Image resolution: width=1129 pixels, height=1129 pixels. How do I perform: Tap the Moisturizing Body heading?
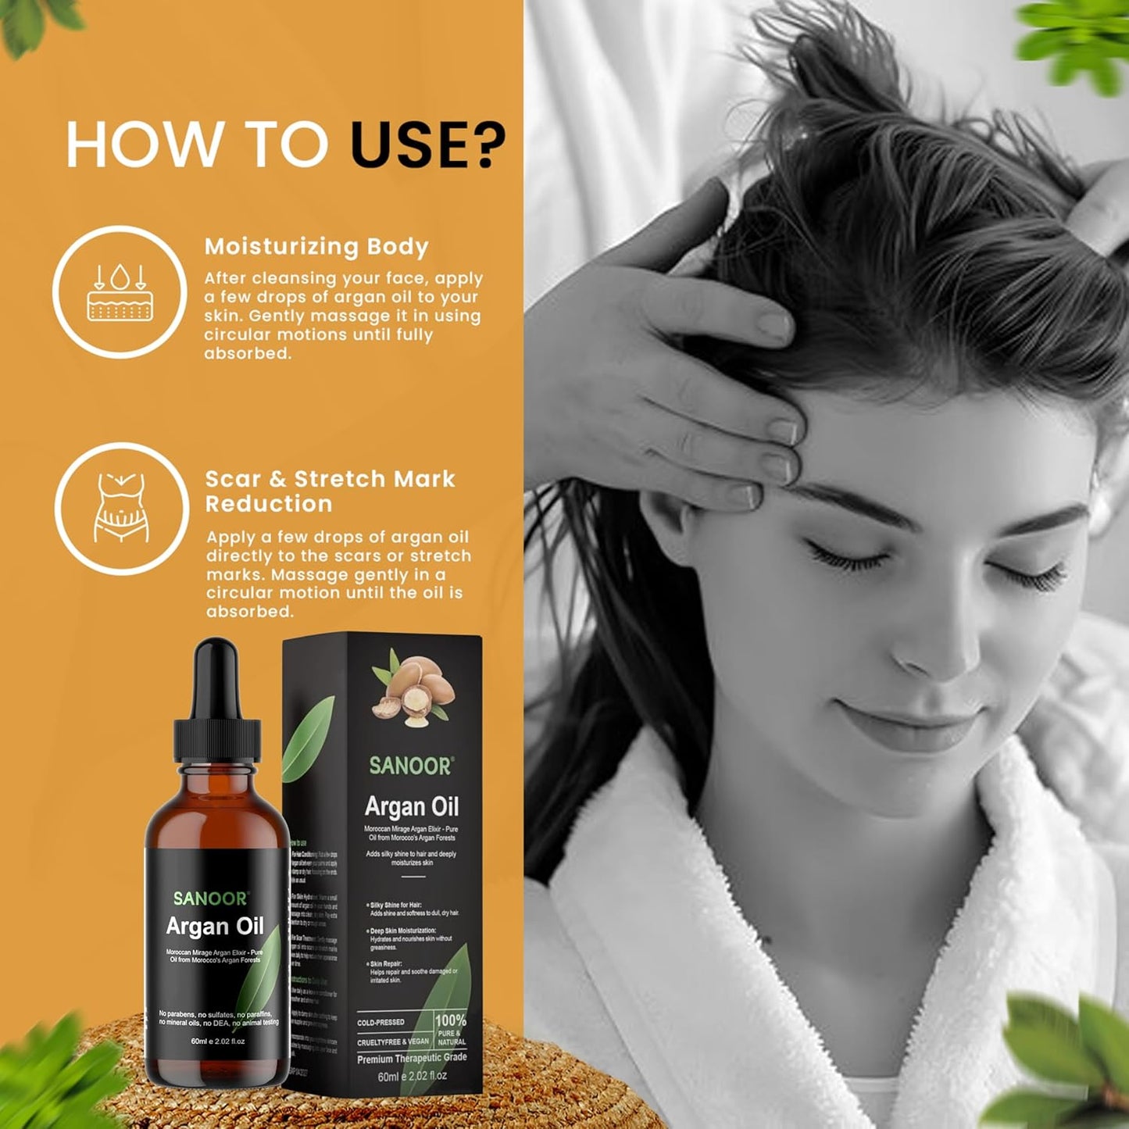[316, 247]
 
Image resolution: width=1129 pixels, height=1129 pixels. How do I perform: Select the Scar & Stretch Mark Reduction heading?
[329, 491]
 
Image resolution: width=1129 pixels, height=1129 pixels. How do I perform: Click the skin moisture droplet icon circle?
[120, 292]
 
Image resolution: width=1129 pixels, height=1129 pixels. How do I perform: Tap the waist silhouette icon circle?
[122, 508]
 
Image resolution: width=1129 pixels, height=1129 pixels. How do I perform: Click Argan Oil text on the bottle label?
[215, 927]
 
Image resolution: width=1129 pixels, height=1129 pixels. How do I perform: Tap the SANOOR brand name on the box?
[410, 766]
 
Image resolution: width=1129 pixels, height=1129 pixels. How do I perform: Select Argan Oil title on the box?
[412, 806]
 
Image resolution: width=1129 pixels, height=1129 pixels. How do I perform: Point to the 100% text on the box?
[450, 1020]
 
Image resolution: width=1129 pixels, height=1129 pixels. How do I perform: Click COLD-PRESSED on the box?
[381, 1022]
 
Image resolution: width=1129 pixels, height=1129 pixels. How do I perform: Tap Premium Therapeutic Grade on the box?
[412, 1058]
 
